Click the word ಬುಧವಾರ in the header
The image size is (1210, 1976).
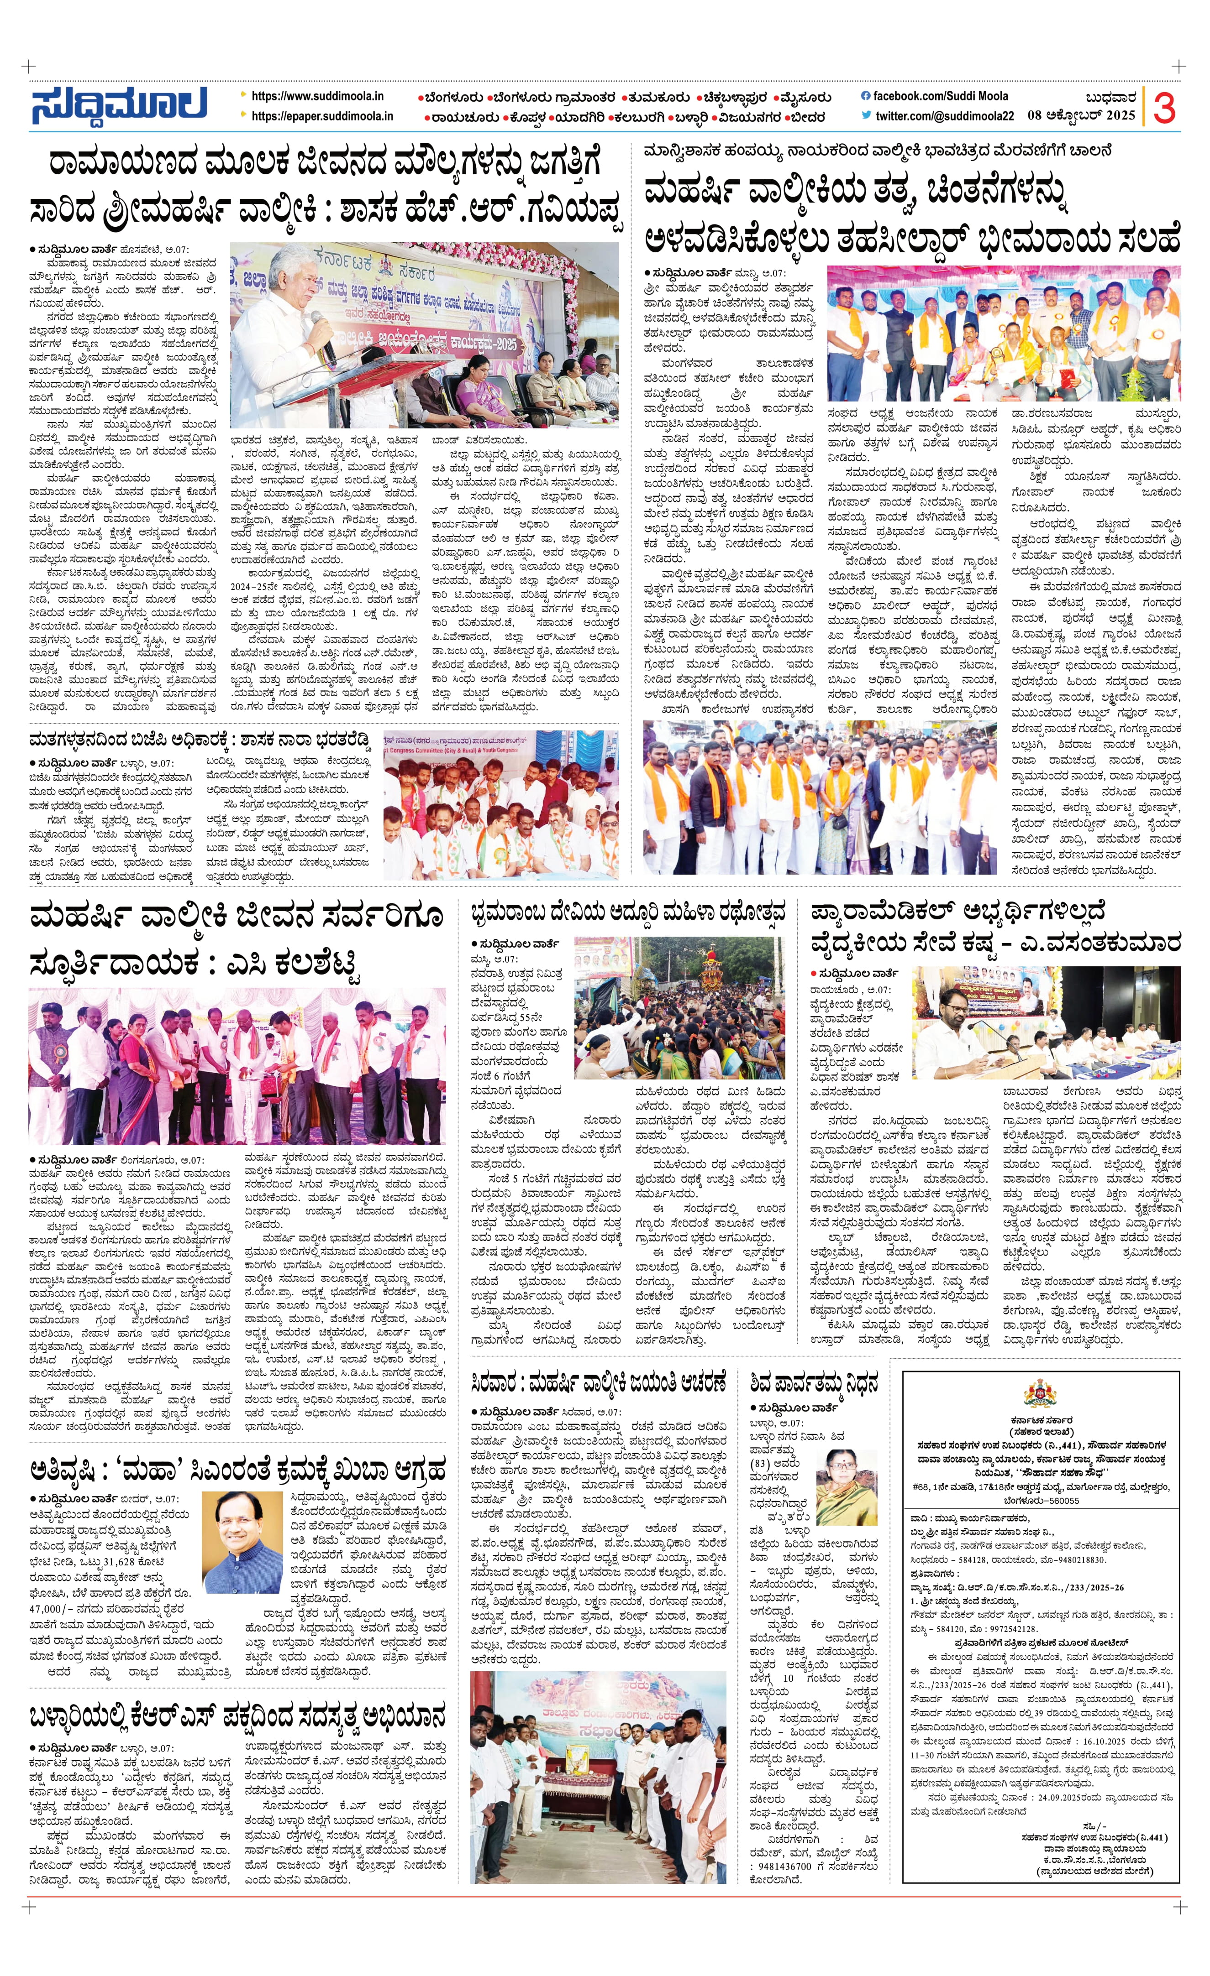click(1110, 98)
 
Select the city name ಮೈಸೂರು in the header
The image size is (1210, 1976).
click(805, 98)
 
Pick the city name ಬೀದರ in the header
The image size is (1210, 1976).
click(805, 117)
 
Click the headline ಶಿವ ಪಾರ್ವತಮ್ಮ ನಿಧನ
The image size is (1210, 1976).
click(814, 1382)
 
